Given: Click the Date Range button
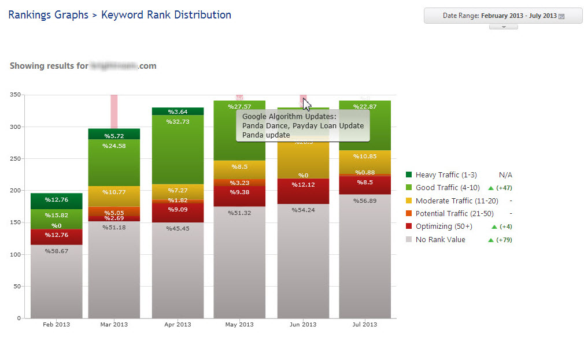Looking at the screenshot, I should point(503,16).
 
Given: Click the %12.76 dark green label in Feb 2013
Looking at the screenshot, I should point(56,200).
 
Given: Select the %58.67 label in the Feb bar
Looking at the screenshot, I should point(56,251).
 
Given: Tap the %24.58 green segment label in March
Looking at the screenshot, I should point(114,146).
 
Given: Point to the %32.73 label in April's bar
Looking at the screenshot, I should point(178,122).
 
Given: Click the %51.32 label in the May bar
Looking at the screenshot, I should point(239,213).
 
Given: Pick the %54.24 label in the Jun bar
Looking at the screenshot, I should point(303,210).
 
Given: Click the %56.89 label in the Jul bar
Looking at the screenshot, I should point(365,201).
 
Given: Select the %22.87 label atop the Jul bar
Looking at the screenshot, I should point(365,106).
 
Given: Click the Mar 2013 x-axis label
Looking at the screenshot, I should point(114,324).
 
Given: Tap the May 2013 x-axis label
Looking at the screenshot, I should point(239,324).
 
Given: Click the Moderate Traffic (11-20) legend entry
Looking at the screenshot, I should point(452,201).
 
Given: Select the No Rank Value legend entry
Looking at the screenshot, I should point(440,239).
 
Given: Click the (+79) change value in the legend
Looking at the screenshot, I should point(504,240).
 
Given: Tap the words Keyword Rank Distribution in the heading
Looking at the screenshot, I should point(166,15).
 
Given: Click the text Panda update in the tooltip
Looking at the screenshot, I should point(266,135).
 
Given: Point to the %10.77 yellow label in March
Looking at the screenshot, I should point(114,191).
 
